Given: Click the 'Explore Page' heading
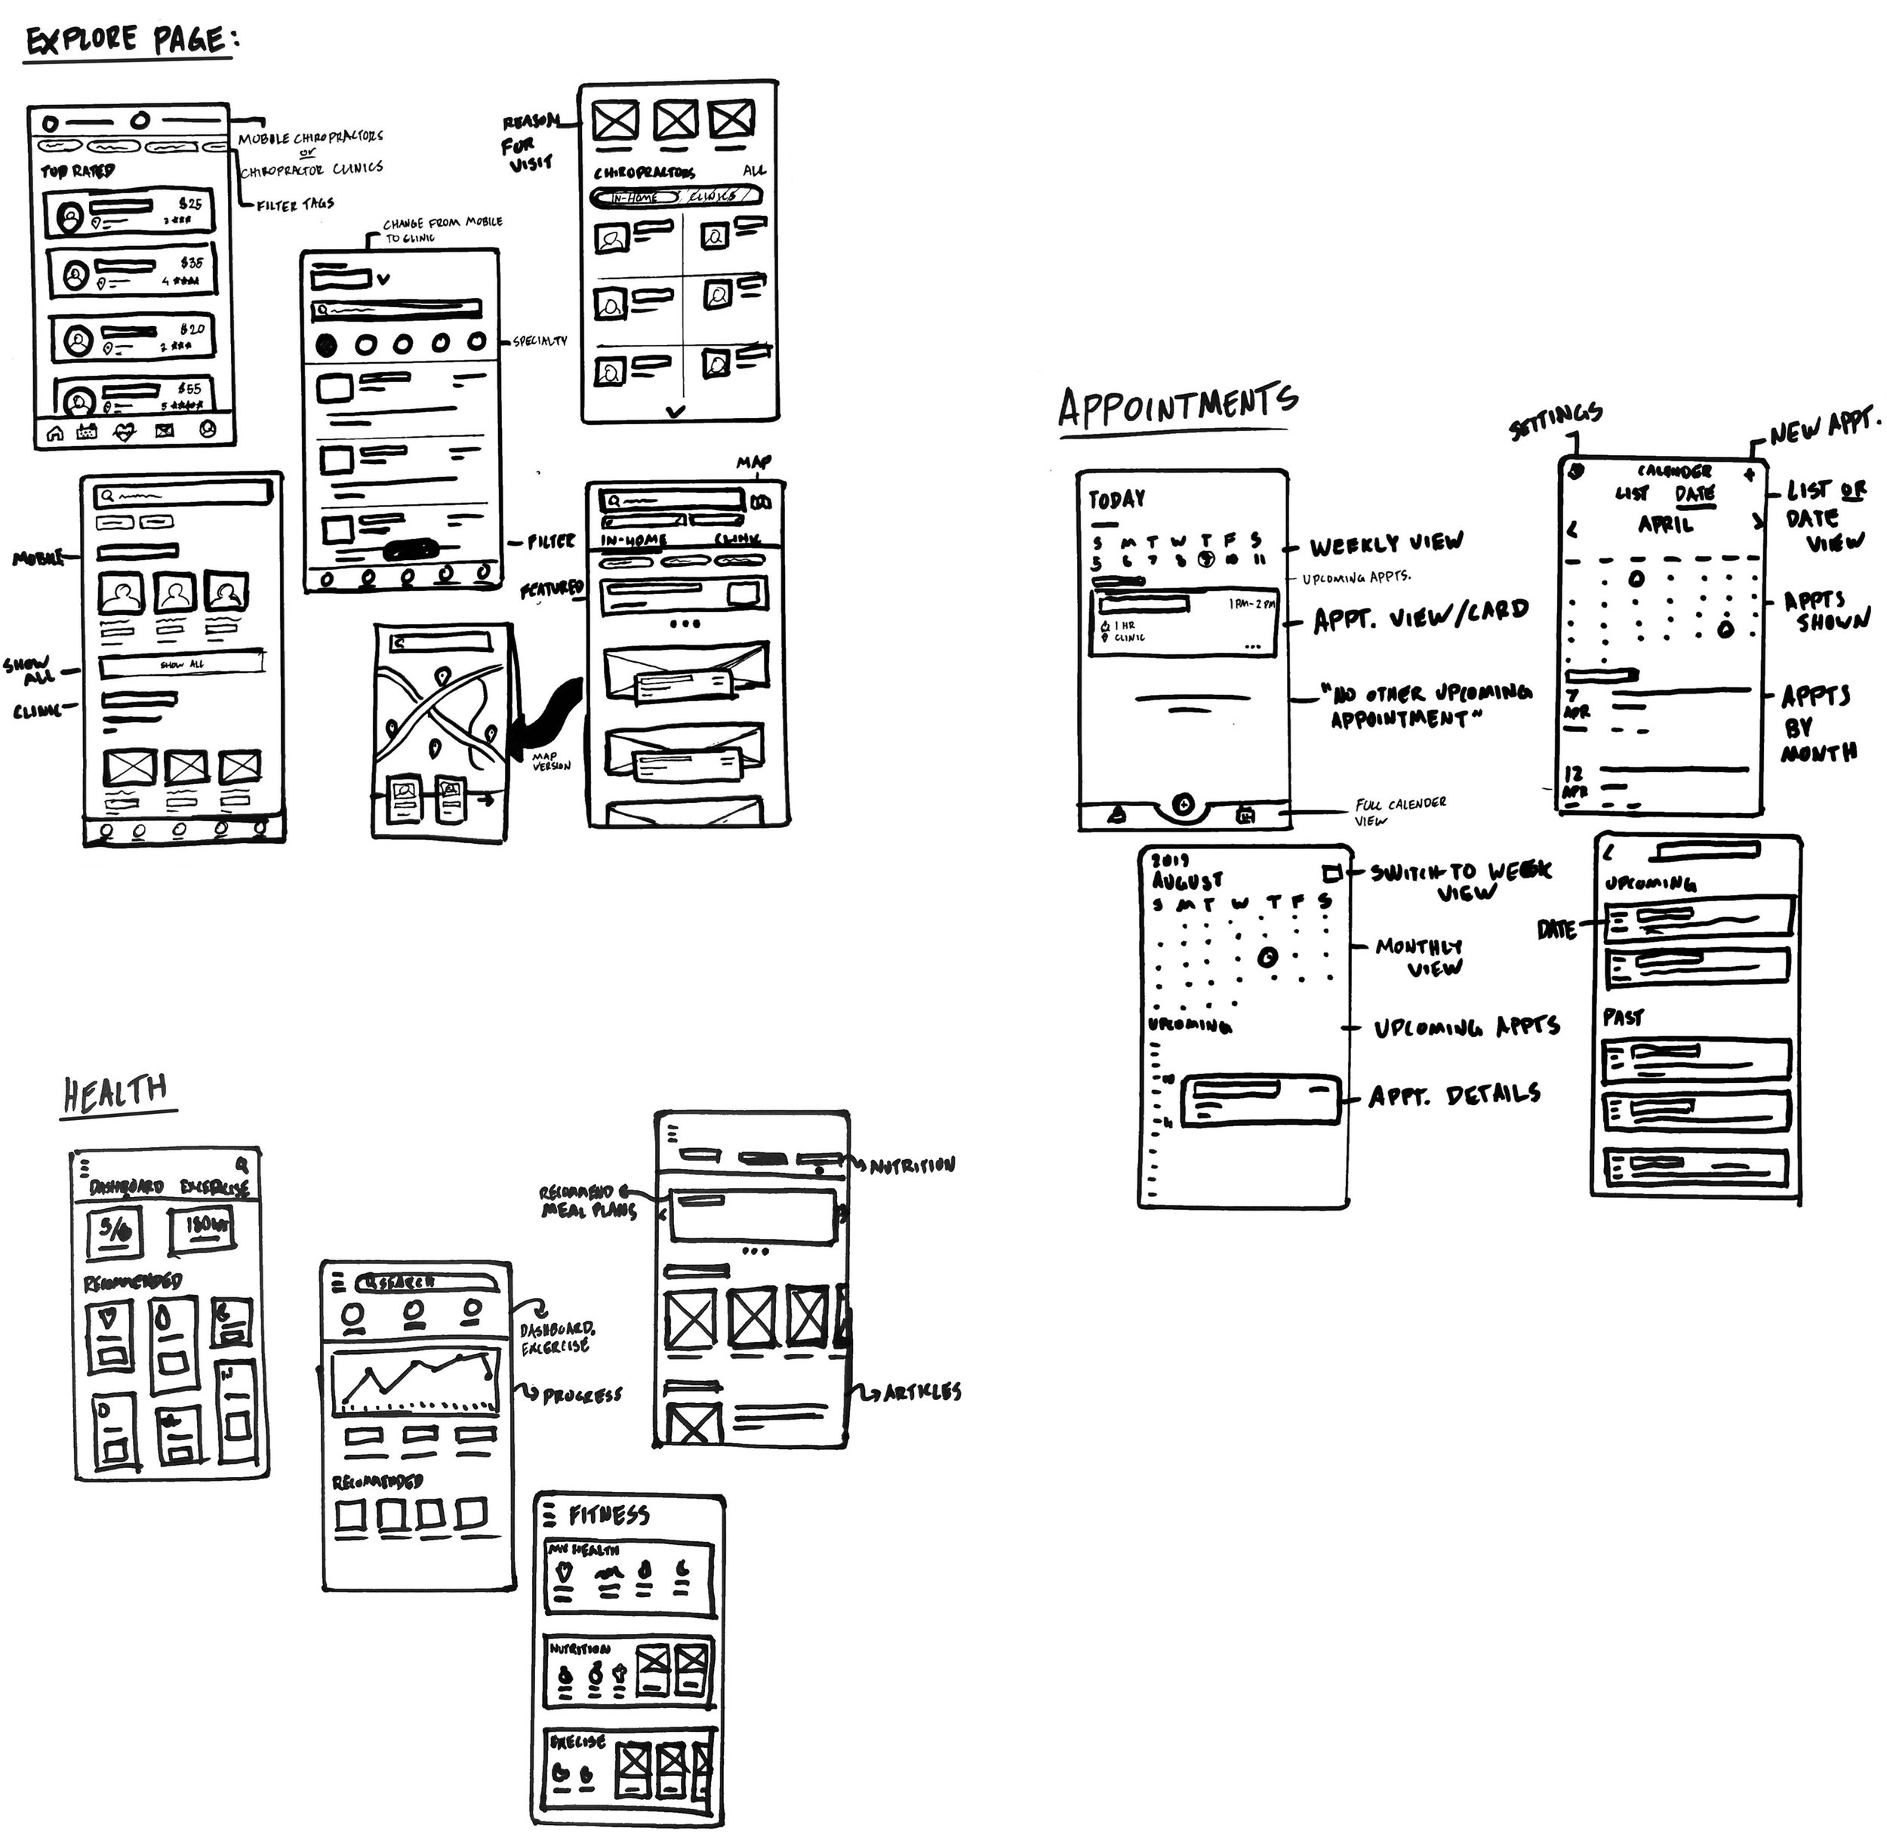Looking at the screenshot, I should click(x=130, y=41).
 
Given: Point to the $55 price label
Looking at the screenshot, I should click(x=189, y=388).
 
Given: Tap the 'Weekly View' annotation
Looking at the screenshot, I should click(x=1386, y=543).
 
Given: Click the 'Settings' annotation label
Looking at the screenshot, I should click(x=1555, y=421).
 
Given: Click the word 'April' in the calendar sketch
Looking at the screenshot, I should click(x=1665, y=525).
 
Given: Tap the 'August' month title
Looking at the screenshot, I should click(x=1187, y=881).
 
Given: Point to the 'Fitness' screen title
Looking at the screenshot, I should click(x=608, y=1515).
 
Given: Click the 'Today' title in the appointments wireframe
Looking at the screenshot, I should click(x=1116, y=500).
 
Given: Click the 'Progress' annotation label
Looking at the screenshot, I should click(x=581, y=1395).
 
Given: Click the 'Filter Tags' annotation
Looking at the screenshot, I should click(x=295, y=205).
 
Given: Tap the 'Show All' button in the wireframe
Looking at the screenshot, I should click(x=182, y=664).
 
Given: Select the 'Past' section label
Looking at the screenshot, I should click(x=1623, y=1017).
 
